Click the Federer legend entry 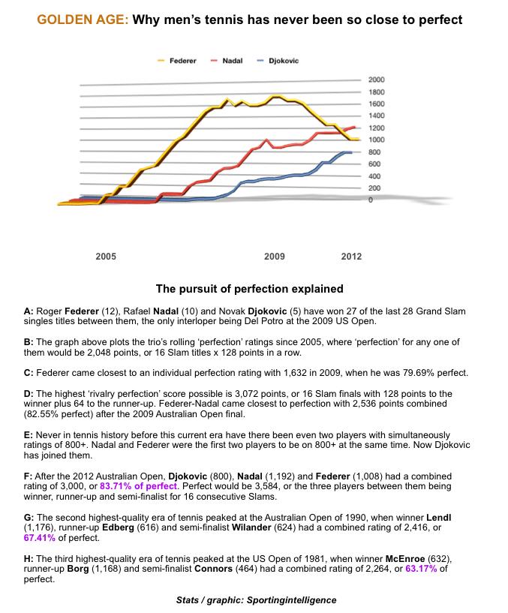tap(177, 61)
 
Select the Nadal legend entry tap(227, 61)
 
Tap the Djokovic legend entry tap(278, 61)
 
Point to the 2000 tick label tap(376, 80)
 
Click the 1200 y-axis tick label tap(376, 128)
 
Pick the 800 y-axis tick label tap(374, 152)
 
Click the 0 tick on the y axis tap(371, 200)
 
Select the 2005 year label tap(106, 257)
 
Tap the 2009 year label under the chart tap(274, 257)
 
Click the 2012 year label tap(351, 257)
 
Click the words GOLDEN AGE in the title tap(83, 20)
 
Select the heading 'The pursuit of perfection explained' tap(250, 289)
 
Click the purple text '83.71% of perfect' tap(138, 486)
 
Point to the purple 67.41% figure tap(39, 537)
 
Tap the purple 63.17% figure tap(421, 569)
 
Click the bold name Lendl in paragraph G tap(438, 518)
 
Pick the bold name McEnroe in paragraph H tap(404, 559)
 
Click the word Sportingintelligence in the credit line tap(291, 600)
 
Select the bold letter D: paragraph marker tap(29, 394)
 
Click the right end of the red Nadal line tap(355, 127)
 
